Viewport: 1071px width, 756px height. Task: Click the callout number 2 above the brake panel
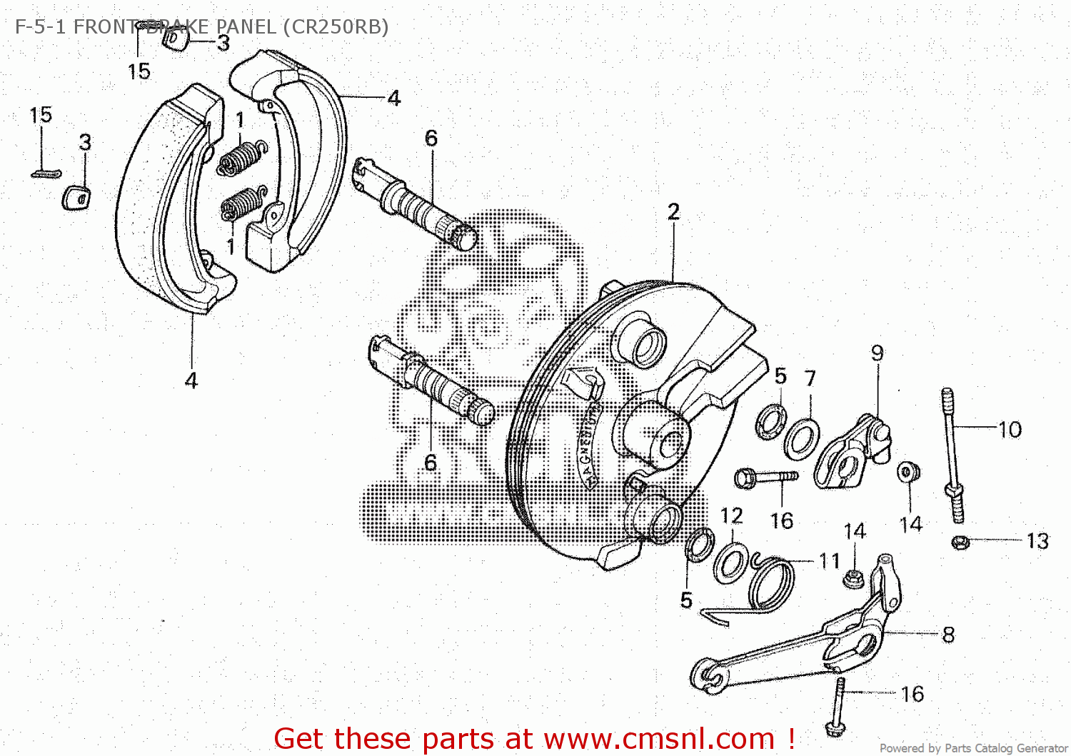tap(673, 212)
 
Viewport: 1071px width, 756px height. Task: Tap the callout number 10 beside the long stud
tap(1010, 430)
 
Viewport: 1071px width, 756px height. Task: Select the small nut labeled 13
tap(960, 542)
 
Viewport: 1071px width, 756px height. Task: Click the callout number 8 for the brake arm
tap(948, 634)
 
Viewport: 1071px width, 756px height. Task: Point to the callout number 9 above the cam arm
tap(877, 353)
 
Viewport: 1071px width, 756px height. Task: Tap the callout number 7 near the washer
tap(810, 378)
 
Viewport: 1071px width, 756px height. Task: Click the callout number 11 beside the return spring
tap(829, 561)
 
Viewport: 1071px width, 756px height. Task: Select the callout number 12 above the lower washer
tap(731, 515)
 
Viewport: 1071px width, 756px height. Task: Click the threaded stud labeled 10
tap(952, 457)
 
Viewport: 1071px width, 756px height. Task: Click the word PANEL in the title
tap(246, 27)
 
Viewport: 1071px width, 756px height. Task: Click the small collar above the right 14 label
tap(908, 472)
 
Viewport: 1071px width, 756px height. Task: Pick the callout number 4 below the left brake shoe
tap(191, 380)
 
